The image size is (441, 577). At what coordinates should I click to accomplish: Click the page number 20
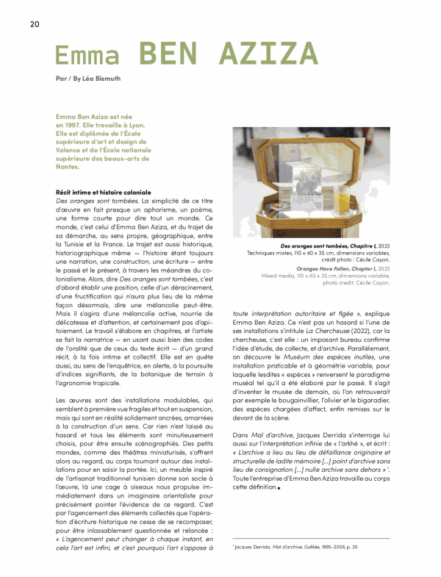35,24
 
